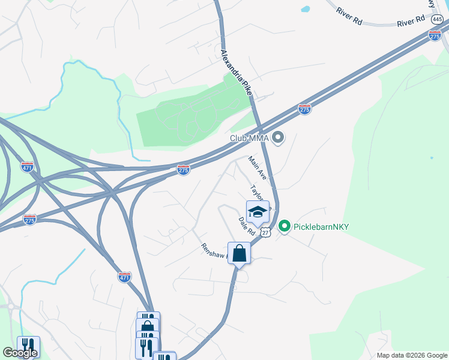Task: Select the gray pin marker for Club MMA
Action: pos(277,139)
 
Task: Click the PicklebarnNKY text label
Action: pos(321,227)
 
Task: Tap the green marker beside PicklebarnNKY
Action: pos(284,226)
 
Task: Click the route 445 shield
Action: pos(436,19)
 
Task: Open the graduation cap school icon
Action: pos(258,212)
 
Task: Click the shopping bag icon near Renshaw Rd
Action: pos(239,253)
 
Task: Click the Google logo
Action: pos(20,353)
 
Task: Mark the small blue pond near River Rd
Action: pos(306,10)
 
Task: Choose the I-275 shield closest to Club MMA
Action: pos(304,109)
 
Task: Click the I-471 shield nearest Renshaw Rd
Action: pos(124,277)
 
